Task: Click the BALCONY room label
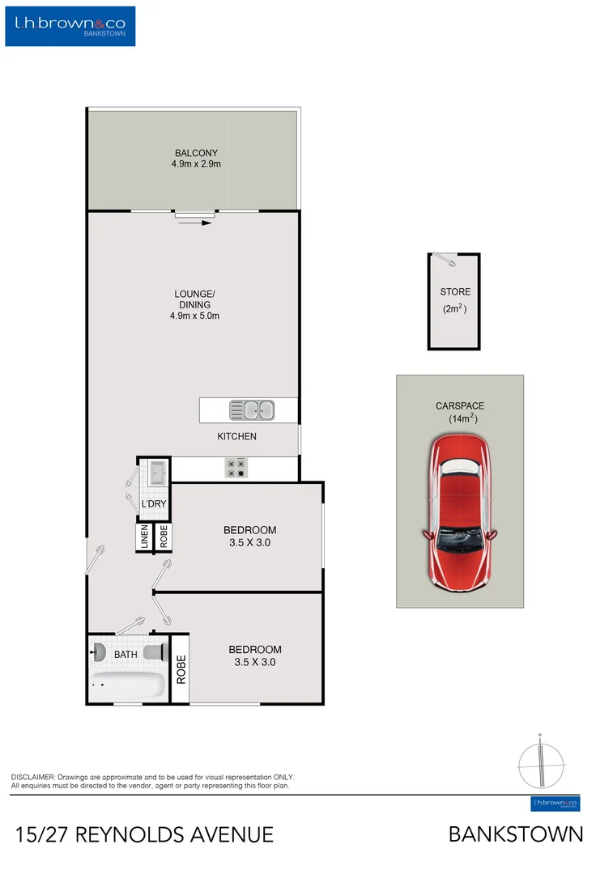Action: [x=196, y=158]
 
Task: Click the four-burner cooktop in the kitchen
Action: [x=236, y=467]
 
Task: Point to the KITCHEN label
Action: [x=236, y=437]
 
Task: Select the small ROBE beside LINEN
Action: [x=163, y=537]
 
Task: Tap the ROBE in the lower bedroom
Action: [x=181, y=669]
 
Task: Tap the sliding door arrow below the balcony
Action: [x=195, y=222]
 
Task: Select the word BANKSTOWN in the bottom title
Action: [x=516, y=834]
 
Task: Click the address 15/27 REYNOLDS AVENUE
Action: [x=144, y=834]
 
